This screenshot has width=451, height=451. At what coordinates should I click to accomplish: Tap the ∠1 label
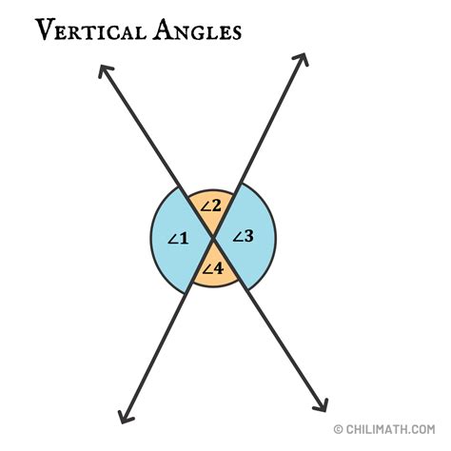point(178,238)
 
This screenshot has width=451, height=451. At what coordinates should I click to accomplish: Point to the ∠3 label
point(244,236)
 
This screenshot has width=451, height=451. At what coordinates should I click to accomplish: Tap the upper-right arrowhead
point(304,58)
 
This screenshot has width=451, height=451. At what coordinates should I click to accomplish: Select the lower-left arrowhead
point(123,416)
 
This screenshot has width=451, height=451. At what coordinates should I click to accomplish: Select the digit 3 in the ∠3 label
point(249,236)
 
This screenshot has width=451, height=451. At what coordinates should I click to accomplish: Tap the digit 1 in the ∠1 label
point(184,238)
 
